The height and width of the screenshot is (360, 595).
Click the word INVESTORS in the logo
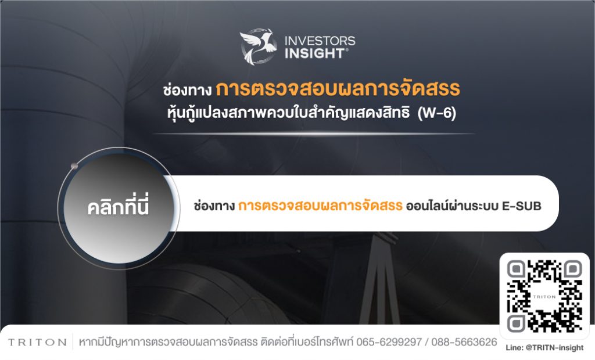[320, 41]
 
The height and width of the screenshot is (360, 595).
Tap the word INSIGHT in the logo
[315, 53]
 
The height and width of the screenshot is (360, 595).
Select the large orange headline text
[338, 88]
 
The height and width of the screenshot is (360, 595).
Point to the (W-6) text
[437, 113]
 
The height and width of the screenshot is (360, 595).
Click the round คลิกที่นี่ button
[119, 208]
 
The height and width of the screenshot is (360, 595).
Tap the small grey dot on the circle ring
[74, 166]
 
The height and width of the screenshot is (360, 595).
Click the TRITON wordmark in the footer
[37, 342]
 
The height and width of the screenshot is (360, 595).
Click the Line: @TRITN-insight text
[544, 347]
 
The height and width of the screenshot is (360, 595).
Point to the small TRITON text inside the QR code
[544, 297]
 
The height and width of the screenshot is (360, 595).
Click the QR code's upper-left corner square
[516, 270]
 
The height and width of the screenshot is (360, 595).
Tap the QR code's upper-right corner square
[573, 270]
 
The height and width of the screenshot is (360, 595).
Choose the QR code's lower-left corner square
[516, 323]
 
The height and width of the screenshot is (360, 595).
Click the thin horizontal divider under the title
[314, 134]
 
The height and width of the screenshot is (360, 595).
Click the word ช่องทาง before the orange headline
[187, 91]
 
